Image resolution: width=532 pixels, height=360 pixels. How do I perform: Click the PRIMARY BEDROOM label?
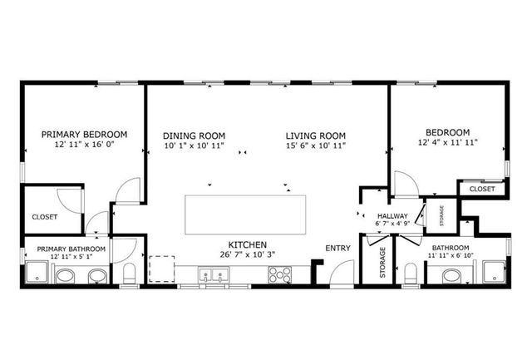84,134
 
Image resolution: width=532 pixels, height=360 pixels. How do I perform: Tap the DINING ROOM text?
194,136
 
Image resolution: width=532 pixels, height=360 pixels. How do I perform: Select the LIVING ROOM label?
316,136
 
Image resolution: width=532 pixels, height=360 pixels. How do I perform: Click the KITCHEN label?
248,245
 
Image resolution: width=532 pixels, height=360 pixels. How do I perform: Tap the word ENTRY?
338,248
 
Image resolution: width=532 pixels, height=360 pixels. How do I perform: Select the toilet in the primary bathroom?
129,274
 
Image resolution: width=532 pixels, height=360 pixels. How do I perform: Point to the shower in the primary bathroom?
37,273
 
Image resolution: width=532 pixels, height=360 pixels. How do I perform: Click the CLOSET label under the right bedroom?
482,190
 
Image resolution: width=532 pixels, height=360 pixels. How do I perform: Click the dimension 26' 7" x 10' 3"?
248,255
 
